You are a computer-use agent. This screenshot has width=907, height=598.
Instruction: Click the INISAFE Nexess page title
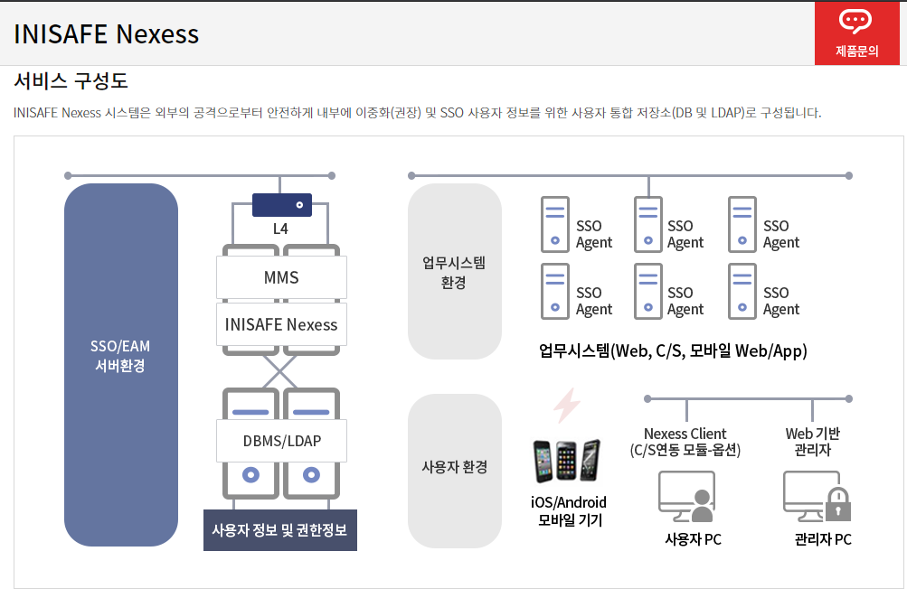[107, 34]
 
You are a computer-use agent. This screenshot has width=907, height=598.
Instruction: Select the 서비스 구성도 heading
[71, 81]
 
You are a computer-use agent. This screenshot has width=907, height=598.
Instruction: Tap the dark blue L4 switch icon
[281, 205]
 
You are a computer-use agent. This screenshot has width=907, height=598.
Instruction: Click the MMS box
[281, 277]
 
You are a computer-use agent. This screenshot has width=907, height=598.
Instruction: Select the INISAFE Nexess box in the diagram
[281, 324]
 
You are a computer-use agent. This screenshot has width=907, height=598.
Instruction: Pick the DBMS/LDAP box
[281, 441]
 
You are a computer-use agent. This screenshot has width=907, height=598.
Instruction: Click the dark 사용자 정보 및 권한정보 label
[279, 529]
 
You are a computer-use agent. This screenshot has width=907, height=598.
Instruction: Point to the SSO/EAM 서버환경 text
[120, 356]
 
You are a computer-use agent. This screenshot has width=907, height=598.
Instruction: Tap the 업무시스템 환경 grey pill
[454, 272]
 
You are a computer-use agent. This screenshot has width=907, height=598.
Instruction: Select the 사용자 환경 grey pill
[454, 467]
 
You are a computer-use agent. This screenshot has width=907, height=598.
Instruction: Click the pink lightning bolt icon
[566, 406]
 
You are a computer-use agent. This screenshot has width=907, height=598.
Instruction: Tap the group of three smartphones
[566, 461]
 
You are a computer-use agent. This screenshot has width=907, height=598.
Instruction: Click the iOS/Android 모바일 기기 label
[569, 510]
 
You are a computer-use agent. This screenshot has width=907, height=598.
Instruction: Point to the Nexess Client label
[685, 434]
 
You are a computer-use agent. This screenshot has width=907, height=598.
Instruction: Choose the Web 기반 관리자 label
[812, 441]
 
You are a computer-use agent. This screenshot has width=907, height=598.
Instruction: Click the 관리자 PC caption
[822, 540]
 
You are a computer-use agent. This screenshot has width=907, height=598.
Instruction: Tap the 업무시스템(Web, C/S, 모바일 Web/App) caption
[672, 350]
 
